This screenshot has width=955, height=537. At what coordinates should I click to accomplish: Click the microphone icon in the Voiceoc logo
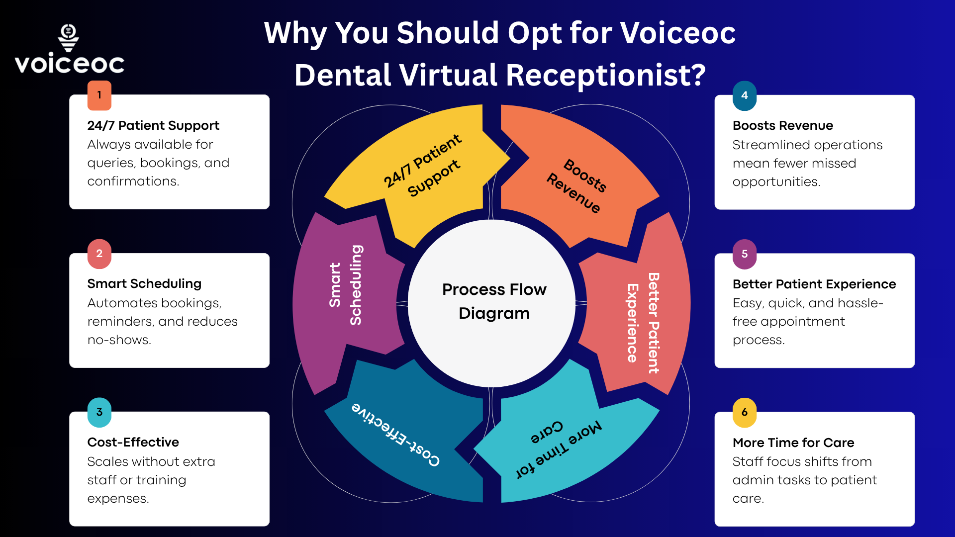coord(69,37)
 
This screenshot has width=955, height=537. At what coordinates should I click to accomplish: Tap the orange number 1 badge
coord(99,95)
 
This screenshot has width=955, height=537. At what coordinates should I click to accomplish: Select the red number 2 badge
coord(99,254)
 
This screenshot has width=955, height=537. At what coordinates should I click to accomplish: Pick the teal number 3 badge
coord(99,412)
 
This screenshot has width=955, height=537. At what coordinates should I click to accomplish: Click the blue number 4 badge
coord(745,95)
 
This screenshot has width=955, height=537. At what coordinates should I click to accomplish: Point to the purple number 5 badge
coord(745,254)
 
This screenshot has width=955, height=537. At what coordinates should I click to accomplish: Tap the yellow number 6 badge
coord(745,412)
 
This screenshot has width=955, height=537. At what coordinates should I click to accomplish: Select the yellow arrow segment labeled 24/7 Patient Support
coord(423,169)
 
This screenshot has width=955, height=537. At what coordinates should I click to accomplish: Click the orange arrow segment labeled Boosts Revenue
coord(577,184)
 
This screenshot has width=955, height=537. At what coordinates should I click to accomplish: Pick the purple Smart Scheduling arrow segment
coord(343,288)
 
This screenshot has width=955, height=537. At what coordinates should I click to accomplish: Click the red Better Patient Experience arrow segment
coord(642,323)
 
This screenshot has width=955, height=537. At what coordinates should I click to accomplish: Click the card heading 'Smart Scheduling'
coord(144,284)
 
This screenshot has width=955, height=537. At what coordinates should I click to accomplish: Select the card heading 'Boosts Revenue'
coord(782,126)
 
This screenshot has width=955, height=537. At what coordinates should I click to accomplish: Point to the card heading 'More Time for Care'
coord(793,443)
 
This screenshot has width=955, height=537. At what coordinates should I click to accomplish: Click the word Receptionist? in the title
coord(605,76)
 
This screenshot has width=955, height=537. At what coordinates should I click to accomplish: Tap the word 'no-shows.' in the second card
coord(119,340)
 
